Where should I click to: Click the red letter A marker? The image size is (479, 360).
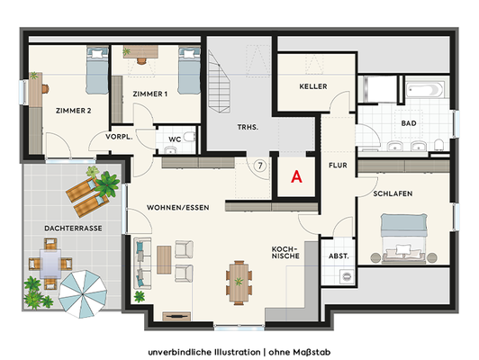click(294, 177)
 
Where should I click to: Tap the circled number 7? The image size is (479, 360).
click(259, 166)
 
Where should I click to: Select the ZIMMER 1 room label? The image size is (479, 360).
click(149, 94)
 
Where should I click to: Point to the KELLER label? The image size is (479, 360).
click(312, 86)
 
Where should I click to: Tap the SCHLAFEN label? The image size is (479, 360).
click(393, 193)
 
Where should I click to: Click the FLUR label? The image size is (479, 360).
click(338, 166)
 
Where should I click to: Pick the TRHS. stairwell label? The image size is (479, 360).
click(248, 128)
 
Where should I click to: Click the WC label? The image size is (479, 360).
click(175, 140)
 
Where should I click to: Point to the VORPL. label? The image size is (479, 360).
click(119, 138)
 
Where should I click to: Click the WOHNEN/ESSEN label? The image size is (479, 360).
click(178, 208)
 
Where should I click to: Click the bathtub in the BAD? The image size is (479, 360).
click(424, 90)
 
